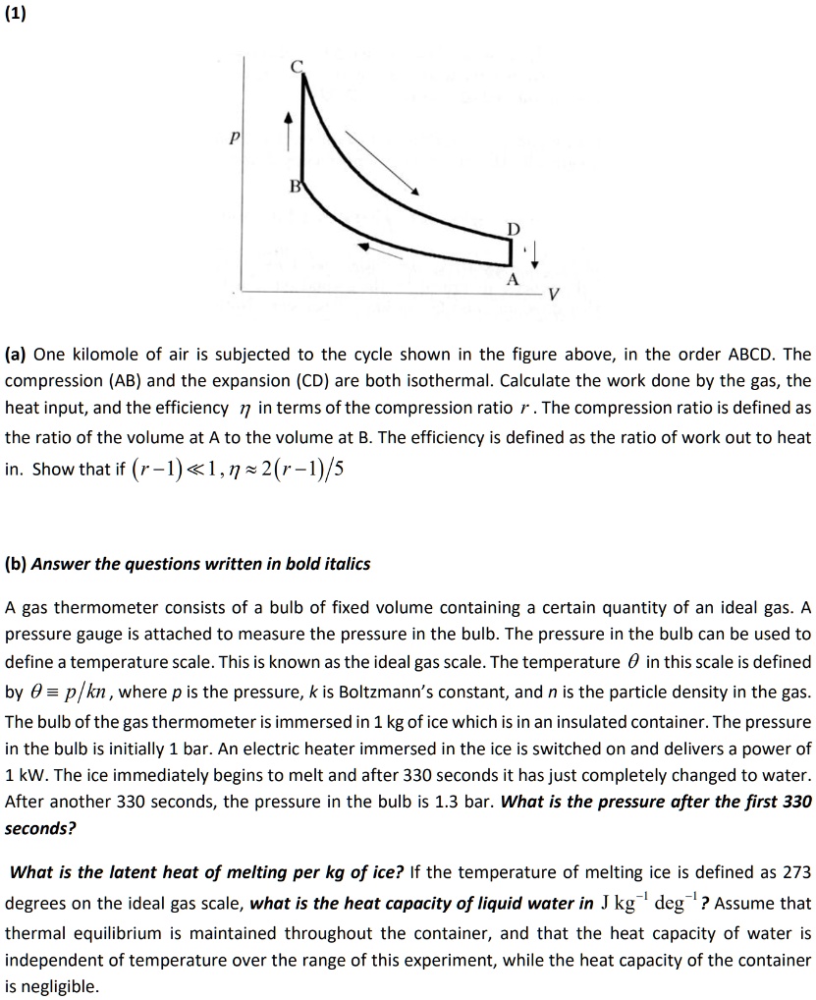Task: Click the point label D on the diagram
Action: [511, 229]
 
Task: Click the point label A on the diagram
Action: [511, 279]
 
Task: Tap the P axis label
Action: [235, 140]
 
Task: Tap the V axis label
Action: [555, 294]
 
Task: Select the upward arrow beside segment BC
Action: [288, 131]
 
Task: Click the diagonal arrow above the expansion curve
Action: [382, 161]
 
